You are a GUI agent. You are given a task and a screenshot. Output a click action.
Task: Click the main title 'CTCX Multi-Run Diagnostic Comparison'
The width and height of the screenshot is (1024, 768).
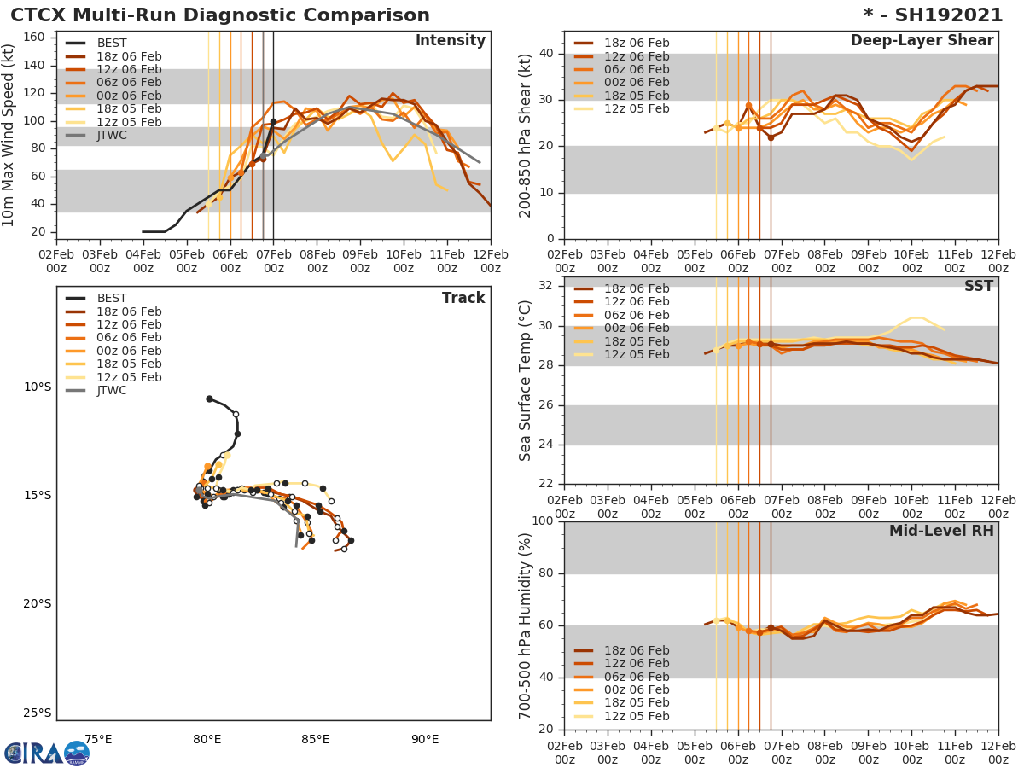(x=220, y=15)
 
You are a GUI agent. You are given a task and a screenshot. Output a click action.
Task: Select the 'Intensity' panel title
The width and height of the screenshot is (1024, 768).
(x=450, y=41)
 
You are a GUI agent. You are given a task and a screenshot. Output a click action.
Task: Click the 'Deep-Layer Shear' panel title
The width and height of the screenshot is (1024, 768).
(x=922, y=41)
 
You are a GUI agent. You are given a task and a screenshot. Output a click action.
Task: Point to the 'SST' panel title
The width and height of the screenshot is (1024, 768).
(x=978, y=287)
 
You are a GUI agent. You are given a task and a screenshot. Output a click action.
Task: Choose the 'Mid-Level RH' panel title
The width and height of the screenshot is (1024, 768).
(x=941, y=532)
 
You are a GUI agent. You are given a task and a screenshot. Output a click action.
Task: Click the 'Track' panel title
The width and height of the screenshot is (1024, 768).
(x=463, y=298)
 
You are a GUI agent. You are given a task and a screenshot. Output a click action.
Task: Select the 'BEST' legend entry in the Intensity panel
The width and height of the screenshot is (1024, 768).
(x=112, y=44)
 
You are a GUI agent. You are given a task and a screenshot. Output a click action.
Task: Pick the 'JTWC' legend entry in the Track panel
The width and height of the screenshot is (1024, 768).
(x=112, y=391)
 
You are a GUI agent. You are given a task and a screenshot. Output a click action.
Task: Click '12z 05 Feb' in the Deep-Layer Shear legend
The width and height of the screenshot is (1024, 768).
(x=637, y=108)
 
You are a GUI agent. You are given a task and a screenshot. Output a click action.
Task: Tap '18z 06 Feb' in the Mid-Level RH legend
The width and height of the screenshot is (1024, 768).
(x=637, y=650)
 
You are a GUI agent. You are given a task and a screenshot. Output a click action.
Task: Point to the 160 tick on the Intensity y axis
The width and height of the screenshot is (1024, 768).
(x=33, y=38)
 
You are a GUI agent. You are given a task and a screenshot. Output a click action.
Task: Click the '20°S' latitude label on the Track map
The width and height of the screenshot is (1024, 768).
(x=37, y=604)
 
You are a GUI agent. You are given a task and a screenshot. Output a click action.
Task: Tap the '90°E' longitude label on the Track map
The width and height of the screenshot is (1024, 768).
(x=425, y=739)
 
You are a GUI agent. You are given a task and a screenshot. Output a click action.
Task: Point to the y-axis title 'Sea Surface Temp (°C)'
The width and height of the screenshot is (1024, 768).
(x=527, y=381)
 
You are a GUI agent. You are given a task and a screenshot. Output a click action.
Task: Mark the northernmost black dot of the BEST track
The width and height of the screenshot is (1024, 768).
(x=209, y=399)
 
